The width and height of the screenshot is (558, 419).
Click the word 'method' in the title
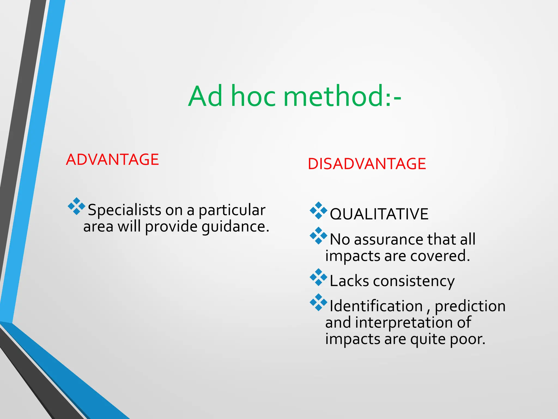pos(333,96)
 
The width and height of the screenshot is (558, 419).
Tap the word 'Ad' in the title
pos(205,96)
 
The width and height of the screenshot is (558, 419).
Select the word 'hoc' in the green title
pos(253,96)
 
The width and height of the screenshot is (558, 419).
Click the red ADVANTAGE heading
pos(112,160)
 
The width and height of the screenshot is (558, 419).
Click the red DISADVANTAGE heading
pos(367,164)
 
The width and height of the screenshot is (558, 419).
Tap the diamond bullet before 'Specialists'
pos(77,206)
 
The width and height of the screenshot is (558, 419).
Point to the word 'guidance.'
pos(235,227)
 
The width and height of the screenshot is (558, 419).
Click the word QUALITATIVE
pos(379,214)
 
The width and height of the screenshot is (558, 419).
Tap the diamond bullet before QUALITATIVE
pos(318,211)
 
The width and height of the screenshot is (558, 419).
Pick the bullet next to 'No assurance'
pos(318,236)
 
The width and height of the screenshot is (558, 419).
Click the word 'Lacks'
pos(349,281)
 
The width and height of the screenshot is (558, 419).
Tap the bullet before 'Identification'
pos(318,302)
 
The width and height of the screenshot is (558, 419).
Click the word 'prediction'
pos(470,306)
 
